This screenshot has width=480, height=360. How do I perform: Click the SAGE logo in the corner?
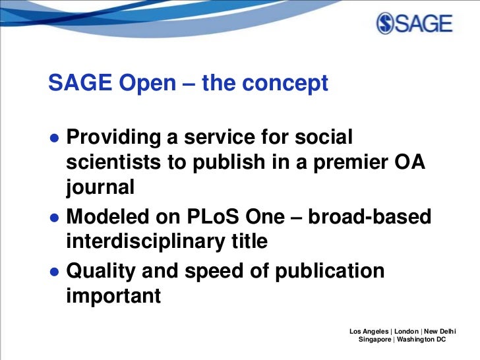pyautogui.click(x=415, y=24)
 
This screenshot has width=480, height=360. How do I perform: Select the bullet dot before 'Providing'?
pyautogui.click(x=54, y=138)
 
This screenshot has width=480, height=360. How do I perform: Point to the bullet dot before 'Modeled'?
pyautogui.click(x=54, y=218)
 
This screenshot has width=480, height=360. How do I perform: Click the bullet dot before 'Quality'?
pyautogui.click(x=54, y=272)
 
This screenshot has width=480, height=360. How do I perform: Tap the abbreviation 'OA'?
pyautogui.click(x=409, y=163)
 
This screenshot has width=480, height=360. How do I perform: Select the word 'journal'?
pyautogui.click(x=100, y=189)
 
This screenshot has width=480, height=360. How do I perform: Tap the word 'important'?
pyautogui.click(x=113, y=295)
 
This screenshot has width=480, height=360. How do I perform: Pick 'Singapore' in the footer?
pyautogui.click(x=374, y=339)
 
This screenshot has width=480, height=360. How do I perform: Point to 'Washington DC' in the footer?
pyautogui.click(x=421, y=339)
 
